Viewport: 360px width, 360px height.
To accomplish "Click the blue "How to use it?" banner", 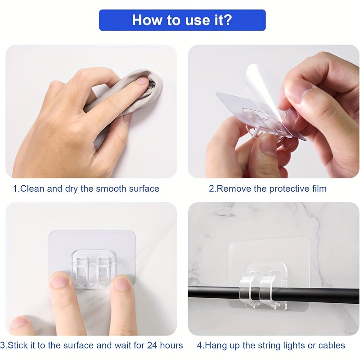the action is (x=182, y=20).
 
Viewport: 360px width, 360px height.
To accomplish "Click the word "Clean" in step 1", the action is (x=32, y=189).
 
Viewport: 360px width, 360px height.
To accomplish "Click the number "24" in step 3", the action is (x=152, y=345).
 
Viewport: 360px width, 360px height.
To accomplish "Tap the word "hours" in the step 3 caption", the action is (x=171, y=345).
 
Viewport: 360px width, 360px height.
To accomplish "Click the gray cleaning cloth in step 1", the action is (x=129, y=96).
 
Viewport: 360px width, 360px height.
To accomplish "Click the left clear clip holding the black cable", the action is (x=247, y=289).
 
